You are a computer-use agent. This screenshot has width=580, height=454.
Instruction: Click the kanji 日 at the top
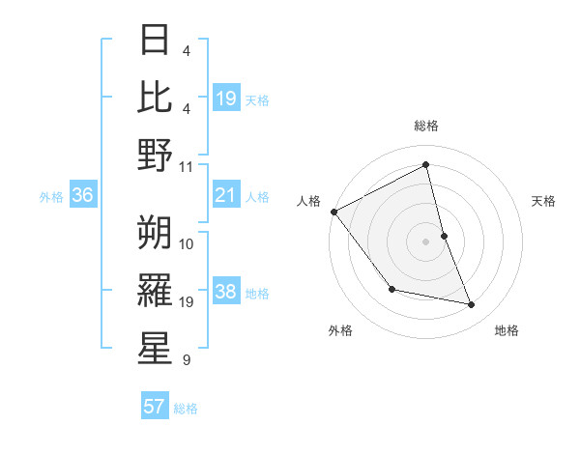tap(156, 41)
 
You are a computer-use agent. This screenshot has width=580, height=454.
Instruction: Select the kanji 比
tap(156, 98)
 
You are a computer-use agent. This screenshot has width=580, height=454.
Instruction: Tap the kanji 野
tap(156, 156)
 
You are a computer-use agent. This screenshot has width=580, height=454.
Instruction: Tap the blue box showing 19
tap(226, 98)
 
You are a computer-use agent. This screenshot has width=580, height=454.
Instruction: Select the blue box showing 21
tap(226, 196)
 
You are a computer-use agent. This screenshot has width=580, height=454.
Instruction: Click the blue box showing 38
tap(226, 292)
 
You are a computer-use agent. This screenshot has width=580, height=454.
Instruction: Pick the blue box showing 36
tap(83, 196)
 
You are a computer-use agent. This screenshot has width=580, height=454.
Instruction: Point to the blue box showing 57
tap(155, 407)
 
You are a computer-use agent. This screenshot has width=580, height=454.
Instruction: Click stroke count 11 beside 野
tap(187, 166)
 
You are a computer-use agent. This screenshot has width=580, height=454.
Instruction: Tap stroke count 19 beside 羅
tap(187, 302)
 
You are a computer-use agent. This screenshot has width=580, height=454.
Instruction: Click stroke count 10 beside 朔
tap(187, 243)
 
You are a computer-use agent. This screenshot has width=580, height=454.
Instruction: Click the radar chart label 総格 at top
tap(425, 126)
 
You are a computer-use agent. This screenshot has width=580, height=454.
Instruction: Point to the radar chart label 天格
tap(544, 201)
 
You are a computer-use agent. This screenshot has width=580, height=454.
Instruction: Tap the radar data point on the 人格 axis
tap(333, 212)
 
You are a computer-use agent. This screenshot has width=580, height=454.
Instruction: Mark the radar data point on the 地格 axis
tap(472, 305)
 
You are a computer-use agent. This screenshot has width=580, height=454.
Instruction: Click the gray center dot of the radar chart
tap(425, 241)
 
